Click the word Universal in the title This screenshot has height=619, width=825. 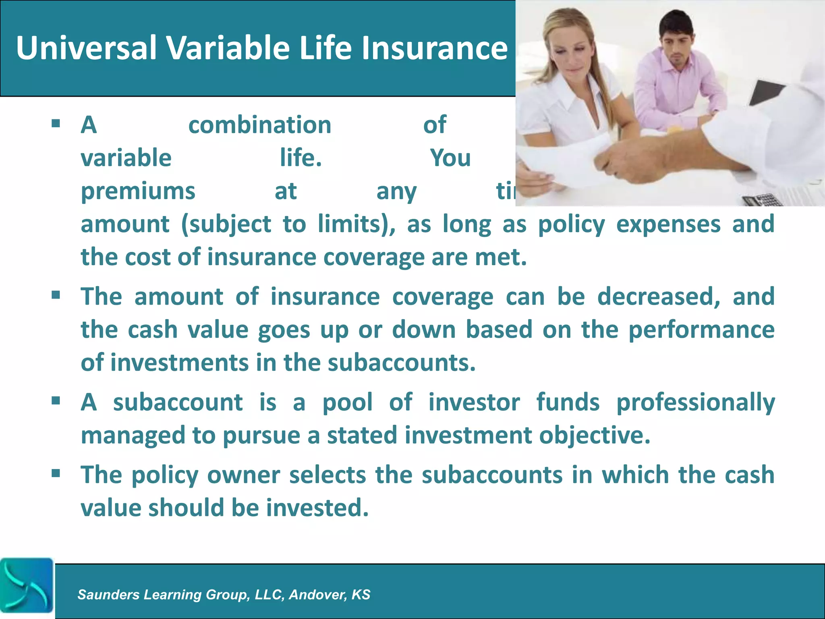86,48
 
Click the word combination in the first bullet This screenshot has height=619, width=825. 260,125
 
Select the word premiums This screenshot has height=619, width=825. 138,191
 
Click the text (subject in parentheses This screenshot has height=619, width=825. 226,224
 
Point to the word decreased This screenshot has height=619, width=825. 659,297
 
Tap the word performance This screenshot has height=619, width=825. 701,330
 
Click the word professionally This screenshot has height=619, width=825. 696,402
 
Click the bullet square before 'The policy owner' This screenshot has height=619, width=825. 56,472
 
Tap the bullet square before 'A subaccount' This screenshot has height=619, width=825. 56,400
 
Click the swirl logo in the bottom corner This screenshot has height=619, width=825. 27,585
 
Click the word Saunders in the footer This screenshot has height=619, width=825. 108,594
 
